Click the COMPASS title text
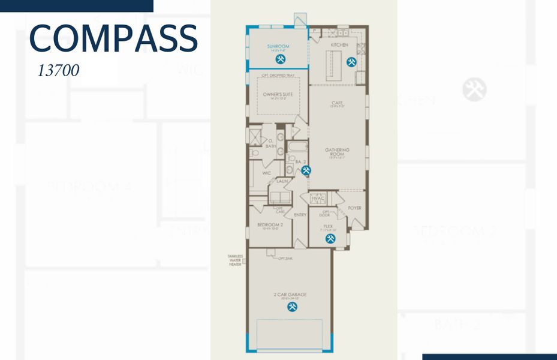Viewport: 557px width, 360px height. (x=113, y=38)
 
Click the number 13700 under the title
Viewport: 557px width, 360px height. (x=58, y=70)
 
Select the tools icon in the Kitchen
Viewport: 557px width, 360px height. (x=351, y=61)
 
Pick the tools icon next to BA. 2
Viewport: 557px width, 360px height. (x=306, y=170)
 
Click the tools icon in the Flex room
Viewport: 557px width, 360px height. (x=330, y=239)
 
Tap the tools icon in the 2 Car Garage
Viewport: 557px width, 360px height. (x=293, y=307)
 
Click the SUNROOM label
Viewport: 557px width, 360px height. (x=278, y=46)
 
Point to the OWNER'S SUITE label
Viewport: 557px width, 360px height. (x=277, y=94)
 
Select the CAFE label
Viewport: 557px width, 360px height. (x=337, y=103)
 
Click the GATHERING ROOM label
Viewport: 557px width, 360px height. (x=337, y=152)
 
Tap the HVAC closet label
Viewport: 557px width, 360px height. (x=318, y=199)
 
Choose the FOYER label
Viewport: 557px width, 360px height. (x=355, y=208)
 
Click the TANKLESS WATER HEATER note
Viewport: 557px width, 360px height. (x=235, y=260)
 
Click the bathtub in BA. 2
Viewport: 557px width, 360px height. (x=297, y=146)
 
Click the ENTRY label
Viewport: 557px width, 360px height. (x=300, y=215)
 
